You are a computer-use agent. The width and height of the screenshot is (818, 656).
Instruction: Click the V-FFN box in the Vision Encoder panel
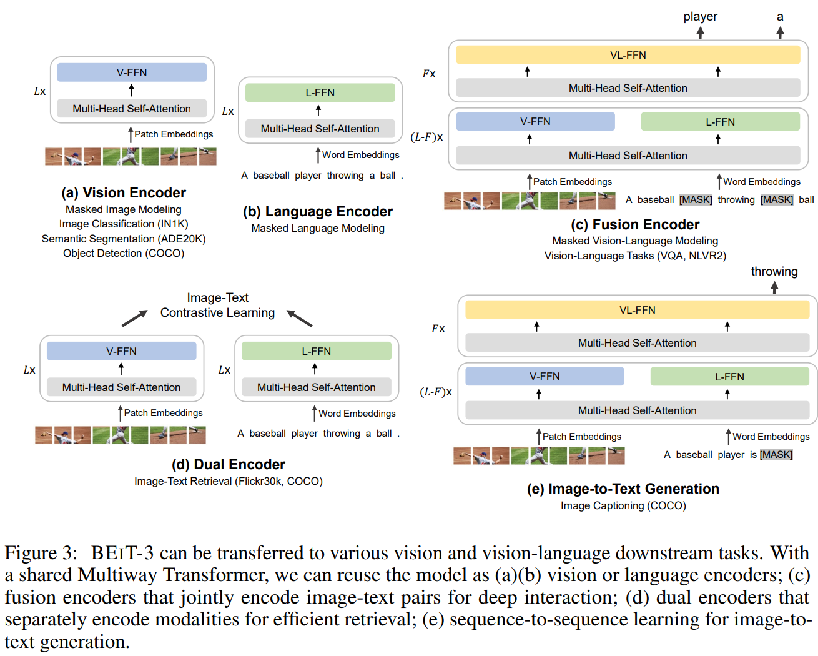pyautogui.click(x=132, y=72)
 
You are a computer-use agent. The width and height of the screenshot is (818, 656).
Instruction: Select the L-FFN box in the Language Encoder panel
pyautogui.click(x=320, y=92)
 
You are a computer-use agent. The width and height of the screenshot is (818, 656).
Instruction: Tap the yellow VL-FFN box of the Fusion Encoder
pyautogui.click(x=628, y=55)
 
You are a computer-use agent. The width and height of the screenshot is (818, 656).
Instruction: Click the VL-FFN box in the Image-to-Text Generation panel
pyautogui.click(x=638, y=309)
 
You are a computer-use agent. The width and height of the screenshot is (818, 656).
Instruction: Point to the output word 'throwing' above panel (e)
pyautogui.click(x=774, y=272)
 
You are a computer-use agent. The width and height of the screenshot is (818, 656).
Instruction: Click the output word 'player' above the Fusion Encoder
pyautogui.click(x=700, y=17)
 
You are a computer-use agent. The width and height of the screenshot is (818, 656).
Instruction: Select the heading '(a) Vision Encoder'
pyautogui.click(x=124, y=192)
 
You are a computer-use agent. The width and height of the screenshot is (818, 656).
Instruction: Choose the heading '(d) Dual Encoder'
pyautogui.click(x=229, y=464)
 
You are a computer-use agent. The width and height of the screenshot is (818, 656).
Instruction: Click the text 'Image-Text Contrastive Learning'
pyautogui.click(x=217, y=305)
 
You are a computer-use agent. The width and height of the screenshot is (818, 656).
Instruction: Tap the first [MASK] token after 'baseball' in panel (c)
pyautogui.click(x=696, y=200)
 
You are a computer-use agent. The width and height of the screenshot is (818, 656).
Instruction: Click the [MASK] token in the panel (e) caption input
pyautogui.click(x=776, y=454)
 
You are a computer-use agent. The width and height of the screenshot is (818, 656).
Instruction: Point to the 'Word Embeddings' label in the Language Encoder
pyautogui.click(x=361, y=155)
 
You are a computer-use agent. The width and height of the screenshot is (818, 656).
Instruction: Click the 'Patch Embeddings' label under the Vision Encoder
pyautogui.click(x=174, y=134)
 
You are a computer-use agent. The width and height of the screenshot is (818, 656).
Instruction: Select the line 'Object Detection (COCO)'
pyautogui.click(x=124, y=253)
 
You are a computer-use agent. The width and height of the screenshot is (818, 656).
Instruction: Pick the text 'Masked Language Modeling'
pyautogui.click(x=318, y=228)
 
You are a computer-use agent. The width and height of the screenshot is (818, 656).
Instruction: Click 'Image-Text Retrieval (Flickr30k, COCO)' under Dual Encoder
pyautogui.click(x=229, y=481)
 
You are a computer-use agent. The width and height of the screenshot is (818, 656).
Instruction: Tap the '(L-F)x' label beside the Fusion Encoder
pyautogui.click(x=426, y=137)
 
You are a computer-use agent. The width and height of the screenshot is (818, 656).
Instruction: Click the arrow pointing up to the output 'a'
pyautogui.click(x=780, y=32)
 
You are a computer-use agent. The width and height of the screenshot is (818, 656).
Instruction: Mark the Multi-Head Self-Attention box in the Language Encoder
pyautogui.click(x=320, y=129)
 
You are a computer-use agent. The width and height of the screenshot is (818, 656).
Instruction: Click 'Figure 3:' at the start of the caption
pyautogui.click(x=41, y=552)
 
